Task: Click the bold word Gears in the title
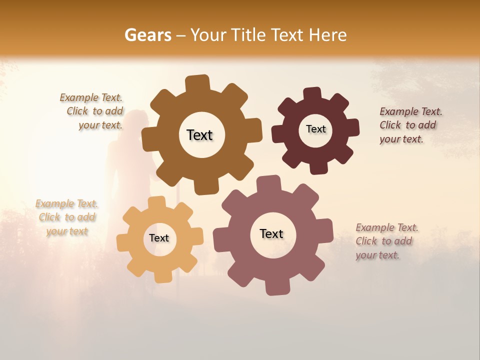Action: [x=147, y=35]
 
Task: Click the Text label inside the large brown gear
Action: [x=199, y=135]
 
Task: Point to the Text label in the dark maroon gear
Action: [x=315, y=129]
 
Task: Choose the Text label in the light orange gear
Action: [x=159, y=238]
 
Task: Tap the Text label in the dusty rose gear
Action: [x=271, y=233]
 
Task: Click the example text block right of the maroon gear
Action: [x=410, y=125]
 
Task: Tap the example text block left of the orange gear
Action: [x=67, y=217]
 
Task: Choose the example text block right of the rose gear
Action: [x=386, y=241]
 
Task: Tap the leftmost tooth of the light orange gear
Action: [x=122, y=242]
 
